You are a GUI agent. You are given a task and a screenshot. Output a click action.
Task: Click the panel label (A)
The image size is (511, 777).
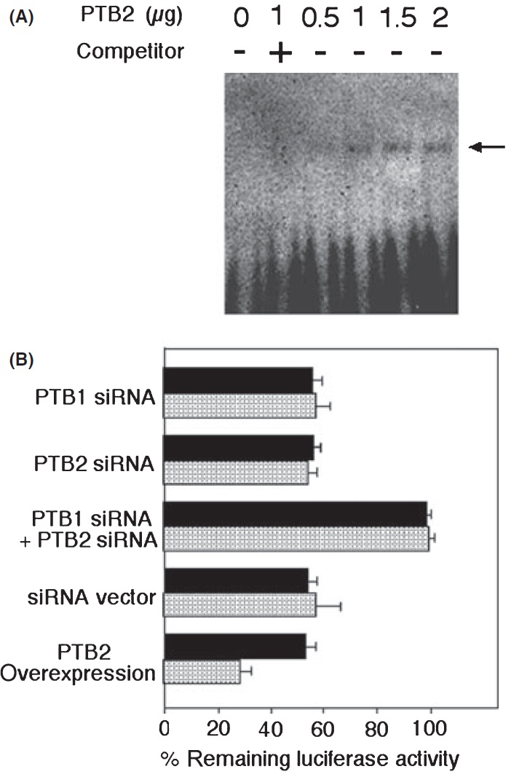21,17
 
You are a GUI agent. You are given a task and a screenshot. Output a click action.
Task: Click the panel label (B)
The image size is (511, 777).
21,360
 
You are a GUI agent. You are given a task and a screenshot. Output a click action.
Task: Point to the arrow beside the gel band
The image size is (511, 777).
487,146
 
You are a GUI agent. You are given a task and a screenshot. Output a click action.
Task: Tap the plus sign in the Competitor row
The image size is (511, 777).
280,52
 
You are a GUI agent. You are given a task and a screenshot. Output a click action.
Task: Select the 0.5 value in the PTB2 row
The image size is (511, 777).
320,18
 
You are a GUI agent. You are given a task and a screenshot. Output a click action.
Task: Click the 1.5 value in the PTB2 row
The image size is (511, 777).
398,18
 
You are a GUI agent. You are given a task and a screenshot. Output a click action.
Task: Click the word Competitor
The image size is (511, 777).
130,51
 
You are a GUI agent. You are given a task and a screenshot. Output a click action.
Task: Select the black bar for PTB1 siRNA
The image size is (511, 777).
238,380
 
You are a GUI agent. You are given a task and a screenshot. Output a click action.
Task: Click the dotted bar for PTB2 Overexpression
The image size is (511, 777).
202,671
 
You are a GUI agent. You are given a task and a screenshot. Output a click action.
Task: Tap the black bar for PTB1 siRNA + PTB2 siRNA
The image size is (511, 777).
295,514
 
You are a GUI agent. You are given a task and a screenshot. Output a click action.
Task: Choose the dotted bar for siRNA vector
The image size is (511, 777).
239,604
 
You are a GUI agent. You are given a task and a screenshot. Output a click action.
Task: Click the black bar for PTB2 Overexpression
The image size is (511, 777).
234,646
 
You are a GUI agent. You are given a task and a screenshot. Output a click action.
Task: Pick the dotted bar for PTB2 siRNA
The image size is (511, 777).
236,473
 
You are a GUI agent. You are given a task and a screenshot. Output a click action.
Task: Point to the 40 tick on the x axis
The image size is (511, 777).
270,729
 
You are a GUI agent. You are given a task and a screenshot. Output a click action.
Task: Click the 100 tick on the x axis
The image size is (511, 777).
430,729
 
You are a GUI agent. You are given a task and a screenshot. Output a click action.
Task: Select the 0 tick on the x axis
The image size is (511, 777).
165,729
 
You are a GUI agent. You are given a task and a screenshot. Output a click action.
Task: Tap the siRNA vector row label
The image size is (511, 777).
91,598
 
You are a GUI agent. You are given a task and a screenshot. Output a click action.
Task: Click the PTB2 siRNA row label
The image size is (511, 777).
94,464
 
